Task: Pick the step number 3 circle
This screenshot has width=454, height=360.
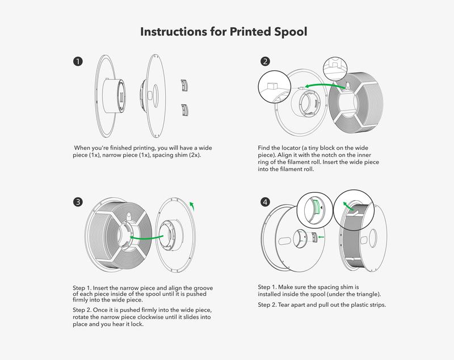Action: click(x=78, y=202)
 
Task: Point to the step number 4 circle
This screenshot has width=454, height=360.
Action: click(x=265, y=202)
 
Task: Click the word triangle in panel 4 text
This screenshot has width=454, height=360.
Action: click(x=362, y=294)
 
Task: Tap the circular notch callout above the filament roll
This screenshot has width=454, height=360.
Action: click(x=335, y=67)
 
